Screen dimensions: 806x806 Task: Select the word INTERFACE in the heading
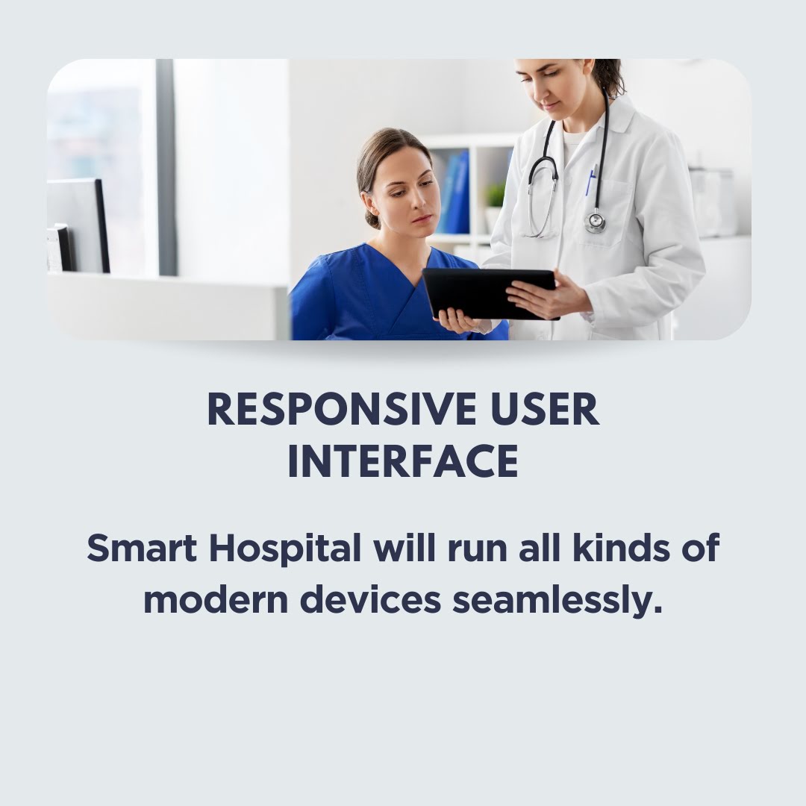[x=403, y=461]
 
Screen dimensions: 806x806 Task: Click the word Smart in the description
[x=142, y=548]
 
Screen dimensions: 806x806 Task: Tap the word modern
[x=216, y=600]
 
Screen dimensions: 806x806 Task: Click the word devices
[x=371, y=600]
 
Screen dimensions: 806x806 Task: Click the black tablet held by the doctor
[x=488, y=293]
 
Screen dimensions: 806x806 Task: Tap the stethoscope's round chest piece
[x=595, y=221]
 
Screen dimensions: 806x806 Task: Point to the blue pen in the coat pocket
[x=590, y=180]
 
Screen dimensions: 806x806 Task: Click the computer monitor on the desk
[x=77, y=225]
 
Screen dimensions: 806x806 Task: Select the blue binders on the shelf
[x=457, y=192]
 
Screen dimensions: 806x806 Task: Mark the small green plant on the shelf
[x=496, y=196]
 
